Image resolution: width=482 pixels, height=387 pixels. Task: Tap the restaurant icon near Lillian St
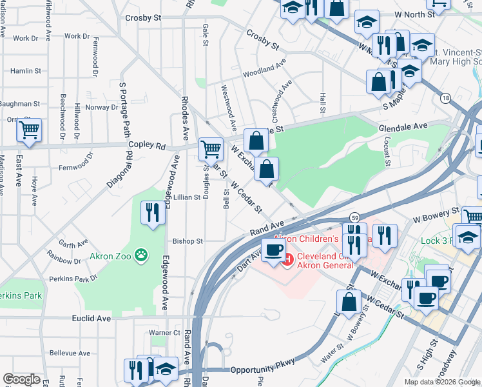pyautogui.click(x=152, y=213)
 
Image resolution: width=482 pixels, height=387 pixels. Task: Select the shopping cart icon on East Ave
pyautogui.click(x=29, y=130)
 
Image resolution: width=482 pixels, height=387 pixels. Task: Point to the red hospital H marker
pyautogui.click(x=287, y=260)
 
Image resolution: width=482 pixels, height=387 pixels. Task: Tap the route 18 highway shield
pyautogui.click(x=445, y=98)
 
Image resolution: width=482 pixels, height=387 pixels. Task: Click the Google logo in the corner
pyautogui.click(x=21, y=379)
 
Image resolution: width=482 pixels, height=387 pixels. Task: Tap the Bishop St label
pyautogui.click(x=188, y=241)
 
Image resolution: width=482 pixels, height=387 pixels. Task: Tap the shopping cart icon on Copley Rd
pyautogui.click(x=211, y=149)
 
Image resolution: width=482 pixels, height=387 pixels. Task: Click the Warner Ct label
pyautogui.click(x=164, y=333)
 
